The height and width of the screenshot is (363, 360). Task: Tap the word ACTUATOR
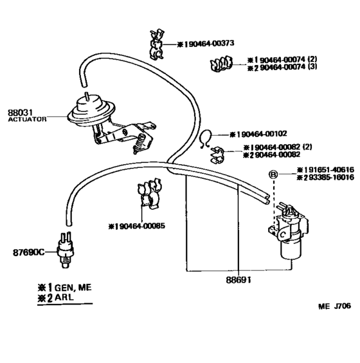click(27, 120)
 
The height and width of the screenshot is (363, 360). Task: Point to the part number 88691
click(238, 280)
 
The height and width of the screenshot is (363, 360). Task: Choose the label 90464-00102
click(259, 135)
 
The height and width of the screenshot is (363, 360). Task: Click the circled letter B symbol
click(273, 174)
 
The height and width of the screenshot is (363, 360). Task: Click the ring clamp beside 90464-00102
click(205, 137)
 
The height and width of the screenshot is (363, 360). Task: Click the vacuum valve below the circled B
click(289, 232)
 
